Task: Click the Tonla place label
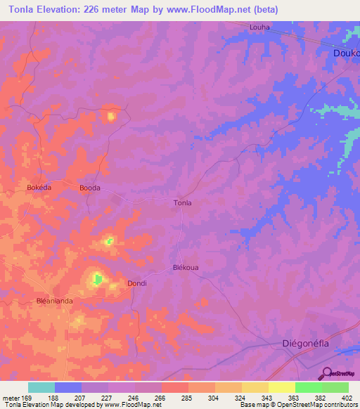[182, 202]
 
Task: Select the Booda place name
[89, 188]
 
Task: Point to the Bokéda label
[39, 188]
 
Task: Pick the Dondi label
[136, 283]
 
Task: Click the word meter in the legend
[11, 398]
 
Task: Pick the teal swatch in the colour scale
[41, 387]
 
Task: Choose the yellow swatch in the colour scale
[282, 387]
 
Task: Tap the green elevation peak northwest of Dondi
[97, 280]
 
